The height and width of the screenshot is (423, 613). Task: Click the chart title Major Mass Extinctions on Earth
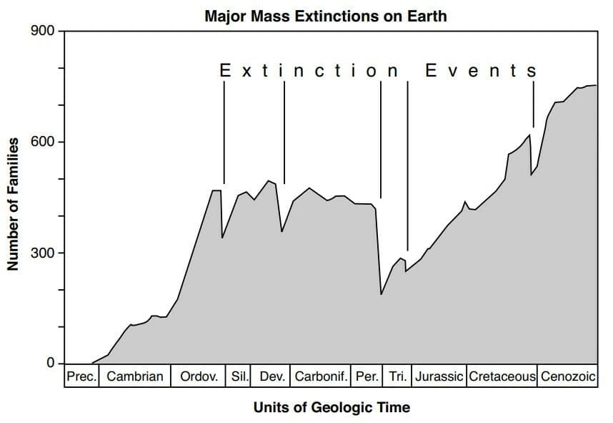tap(326, 16)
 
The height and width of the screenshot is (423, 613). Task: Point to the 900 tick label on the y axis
tap(43, 31)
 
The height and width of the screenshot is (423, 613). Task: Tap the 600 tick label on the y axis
tap(43, 142)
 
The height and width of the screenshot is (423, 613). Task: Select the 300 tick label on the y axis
tap(43, 253)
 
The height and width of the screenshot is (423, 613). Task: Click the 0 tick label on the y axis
tap(51, 363)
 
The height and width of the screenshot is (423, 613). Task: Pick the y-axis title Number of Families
tap(13, 204)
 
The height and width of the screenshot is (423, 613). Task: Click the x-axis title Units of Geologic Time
tap(332, 407)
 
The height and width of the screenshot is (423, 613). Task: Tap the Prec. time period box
tap(81, 376)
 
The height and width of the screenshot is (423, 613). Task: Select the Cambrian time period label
tap(135, 376)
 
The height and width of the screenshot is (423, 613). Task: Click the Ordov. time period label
tap(199, 376)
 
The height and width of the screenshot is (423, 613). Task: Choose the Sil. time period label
tap(239, 376)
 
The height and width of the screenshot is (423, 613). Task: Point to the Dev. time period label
tap(272, 376)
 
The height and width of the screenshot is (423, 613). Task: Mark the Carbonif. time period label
tap(321, 376)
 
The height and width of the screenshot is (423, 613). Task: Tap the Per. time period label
tap(367, 376)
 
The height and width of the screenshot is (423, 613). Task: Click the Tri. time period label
tap(398, 376)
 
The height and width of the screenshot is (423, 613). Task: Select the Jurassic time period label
tap(439, 376)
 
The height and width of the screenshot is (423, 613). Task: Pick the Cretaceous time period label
tap(502, 376)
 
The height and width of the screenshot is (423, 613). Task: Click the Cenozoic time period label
tap(568, 376)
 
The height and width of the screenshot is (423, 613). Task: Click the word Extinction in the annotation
tap(309, 70)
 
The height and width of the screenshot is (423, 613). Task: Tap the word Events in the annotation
tap(481, 70)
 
